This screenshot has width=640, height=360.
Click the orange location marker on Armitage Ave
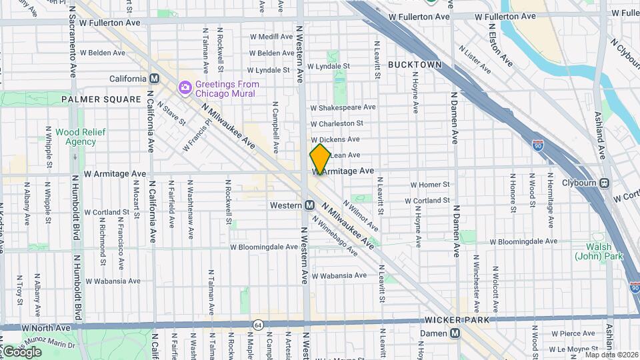[320, 159]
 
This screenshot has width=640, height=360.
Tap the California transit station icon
[155, 79]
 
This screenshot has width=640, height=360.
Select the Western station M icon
[309, 205]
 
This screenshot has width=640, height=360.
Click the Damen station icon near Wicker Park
[455, 333]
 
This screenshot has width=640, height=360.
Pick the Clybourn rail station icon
[604, 183]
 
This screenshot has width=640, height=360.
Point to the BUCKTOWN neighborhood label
[415, 65]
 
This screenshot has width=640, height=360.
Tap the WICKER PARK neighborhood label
[458, 320]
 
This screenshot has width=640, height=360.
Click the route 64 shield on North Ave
[257, 325]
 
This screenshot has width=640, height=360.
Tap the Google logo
[21, 351]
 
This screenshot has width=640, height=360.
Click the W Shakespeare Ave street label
[343, 107]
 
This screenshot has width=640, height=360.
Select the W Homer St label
[430, 185]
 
